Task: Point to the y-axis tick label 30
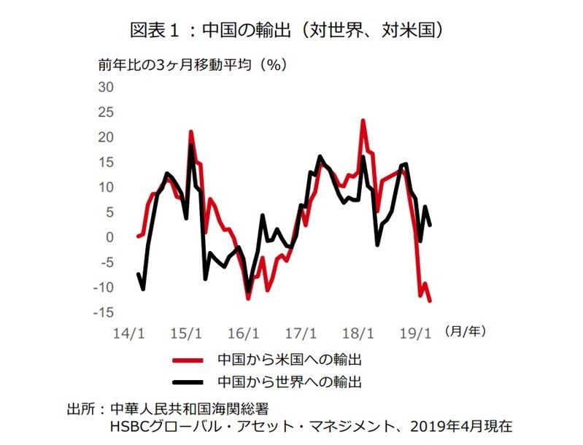tap(107, 88)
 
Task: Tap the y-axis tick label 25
tap(107, 112)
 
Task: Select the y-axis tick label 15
tap(107, 163)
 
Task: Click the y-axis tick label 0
tap(110, 238)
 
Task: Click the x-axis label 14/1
tap(128, 333)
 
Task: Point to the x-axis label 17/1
tap(301, 333)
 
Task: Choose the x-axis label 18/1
tap(358, 333)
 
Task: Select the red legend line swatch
tap(186, 360)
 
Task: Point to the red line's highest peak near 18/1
tap(363, 120)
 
